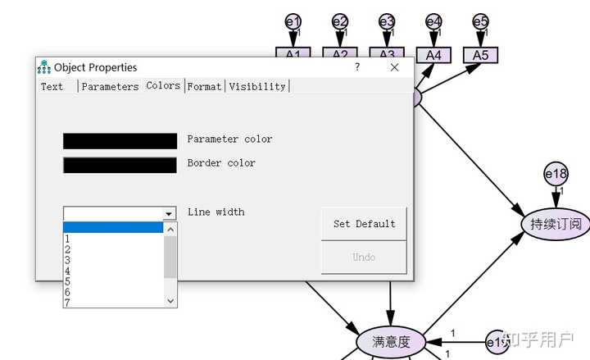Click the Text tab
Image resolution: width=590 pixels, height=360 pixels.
52,86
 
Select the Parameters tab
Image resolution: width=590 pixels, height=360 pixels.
110,86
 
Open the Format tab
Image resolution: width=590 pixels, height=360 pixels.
205,86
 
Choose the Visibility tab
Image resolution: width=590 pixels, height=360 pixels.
257,86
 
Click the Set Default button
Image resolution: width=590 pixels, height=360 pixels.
364,224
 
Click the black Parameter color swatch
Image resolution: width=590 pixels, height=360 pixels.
120,141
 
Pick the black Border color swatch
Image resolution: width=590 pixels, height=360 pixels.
120,165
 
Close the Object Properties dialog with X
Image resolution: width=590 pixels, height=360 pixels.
394,67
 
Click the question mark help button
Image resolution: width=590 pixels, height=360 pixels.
357,67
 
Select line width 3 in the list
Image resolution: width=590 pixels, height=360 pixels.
67,260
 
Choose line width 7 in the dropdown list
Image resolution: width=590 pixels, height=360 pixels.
67,303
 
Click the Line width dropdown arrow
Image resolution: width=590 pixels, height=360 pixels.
170,214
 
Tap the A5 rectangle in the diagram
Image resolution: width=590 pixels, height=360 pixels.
480,55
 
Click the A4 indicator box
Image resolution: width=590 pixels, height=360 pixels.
433,55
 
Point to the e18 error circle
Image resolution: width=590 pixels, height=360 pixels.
556,174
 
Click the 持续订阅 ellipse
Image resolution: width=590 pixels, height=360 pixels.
556,223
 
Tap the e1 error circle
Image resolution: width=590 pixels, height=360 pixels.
293,22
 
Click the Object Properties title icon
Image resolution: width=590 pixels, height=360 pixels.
44,67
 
